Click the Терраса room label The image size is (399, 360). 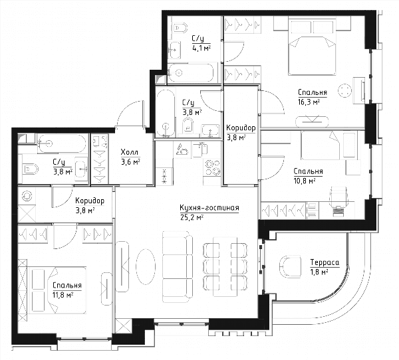pyautogui.click(x=325, y=262)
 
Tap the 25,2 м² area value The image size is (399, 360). pyautogui.click(x=192, y=218)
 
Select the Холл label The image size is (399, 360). pyautogui.click(x=130, y=152)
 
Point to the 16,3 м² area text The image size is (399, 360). pyautogui.click(x=309, y=102)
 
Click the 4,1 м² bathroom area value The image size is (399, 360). pyautogui.click(x=201, y=48)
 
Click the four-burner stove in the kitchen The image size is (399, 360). pyautogui.click(x=212, y=167)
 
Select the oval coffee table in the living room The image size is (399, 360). pyautogui.click(x=146, y=266)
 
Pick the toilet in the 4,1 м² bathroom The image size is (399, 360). pyautogui.click(x=180, y=27)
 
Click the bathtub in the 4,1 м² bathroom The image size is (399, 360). pyautogui.click(x=191, y=73)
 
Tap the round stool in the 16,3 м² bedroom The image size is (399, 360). pyautogui.click(x=344, y=90)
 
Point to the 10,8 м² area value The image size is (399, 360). pyautogui.click(x=305, y=181)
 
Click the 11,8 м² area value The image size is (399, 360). pyautogui.click(x=63, y=295)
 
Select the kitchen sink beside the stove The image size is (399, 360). pyautogui.click(x=199, y=150)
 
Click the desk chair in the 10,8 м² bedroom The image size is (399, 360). pyautogui.click(x=338, y=197)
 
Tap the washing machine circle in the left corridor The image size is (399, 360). pyautogui.click(x=27, y=196)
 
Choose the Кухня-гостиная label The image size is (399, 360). pyautogui.click(x=209, y=208)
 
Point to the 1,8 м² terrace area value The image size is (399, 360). pyautogui.click(x=319, y=272)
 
